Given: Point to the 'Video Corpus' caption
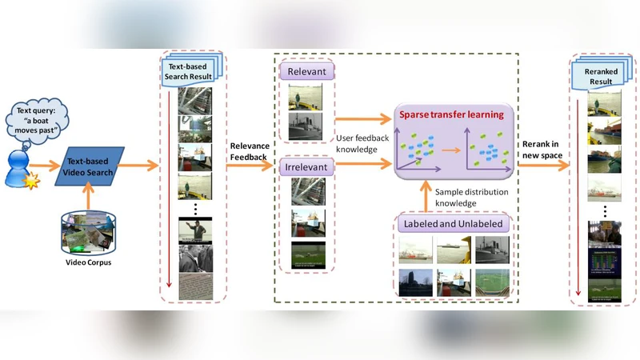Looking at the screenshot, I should (x=89, y=263).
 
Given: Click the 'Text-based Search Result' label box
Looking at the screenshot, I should (x=190, y=70).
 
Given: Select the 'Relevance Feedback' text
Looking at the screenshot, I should (x=249, y=152).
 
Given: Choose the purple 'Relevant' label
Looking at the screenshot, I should (x=307, y=73).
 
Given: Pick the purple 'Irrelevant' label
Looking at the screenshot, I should (x=307, y=167).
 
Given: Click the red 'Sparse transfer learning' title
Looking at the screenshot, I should (x=453, y=114).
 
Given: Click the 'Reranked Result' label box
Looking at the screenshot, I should (x=604, y=76).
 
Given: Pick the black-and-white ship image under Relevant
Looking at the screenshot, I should (x=305, y=126).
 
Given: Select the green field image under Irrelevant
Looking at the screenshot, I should (x=305, y=254).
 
